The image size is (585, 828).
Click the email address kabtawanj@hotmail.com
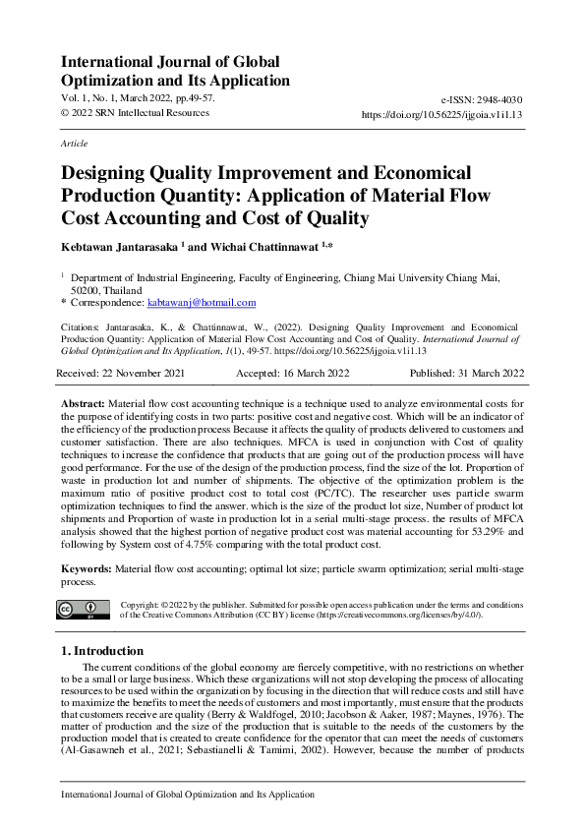pyautogui.click(x=208, y=303)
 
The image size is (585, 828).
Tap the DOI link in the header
pyautogui.click(x=442, y=114)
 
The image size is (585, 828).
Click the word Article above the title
pyautogui.click(x=74, y=144)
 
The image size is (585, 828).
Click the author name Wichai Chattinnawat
pyautogui.click(x=266, y=246)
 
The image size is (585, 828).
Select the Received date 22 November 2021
pyautogui.click(x=121, y=375)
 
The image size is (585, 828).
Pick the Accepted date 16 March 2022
pyautogui.click(x=294, y=375)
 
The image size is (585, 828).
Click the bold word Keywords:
pyautogui.click(x=88, y=569)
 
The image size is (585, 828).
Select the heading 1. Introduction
pyautogui.click(x=101, y=651)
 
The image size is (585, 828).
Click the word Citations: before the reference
pyautogui.click(x=87, y=324)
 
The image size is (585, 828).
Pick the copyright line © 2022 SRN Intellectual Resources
pyautogui.click(x=135, y=113)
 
